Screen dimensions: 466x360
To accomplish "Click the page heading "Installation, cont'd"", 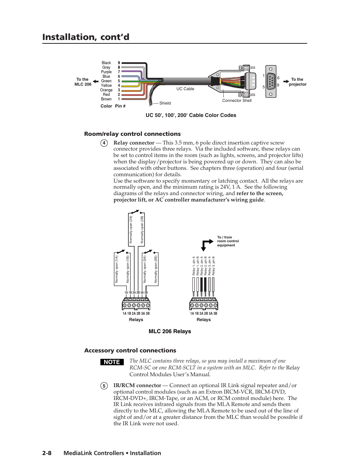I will pos(86,37).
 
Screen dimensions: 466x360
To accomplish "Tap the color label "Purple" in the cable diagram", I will pos(106,72).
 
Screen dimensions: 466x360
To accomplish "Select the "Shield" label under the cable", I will pos(165,103).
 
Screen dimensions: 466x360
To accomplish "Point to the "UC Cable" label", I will pos(185,89).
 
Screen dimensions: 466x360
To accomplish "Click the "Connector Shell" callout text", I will pos(237,100).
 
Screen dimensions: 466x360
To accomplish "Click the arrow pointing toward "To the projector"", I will pos(286,82).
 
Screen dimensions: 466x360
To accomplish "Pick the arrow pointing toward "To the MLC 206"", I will pos(96,82).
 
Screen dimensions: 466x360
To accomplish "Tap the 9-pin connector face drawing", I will pos(271,82).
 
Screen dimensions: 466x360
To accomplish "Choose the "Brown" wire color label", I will pos(106,99).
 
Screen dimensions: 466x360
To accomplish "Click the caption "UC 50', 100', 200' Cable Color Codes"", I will pos(191,115).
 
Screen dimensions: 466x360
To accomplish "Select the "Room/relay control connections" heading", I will pos(132,134).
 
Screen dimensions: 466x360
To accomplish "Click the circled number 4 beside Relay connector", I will pos(104,143).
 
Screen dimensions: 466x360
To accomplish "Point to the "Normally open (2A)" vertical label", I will pos(131,229).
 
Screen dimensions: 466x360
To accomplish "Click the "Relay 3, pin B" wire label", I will pos(214,266).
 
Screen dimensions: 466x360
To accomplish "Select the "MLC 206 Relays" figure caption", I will pos(170,331).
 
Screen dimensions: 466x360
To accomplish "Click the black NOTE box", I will pos(112,362).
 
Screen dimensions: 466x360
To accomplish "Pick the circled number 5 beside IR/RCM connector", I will pos(104,386).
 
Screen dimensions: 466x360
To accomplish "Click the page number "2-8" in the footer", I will pos(47,453).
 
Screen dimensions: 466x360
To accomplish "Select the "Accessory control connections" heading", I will pos(130,351).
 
